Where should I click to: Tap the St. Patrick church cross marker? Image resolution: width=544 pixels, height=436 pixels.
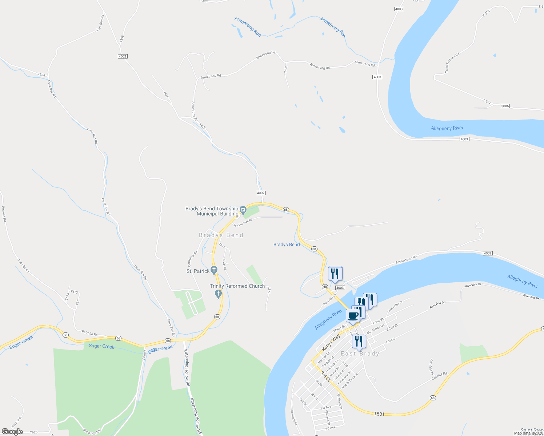tap(214, 270)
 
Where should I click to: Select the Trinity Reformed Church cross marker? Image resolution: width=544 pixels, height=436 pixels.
tap(219, 294)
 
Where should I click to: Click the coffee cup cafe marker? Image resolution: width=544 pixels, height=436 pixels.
tap(353, 315)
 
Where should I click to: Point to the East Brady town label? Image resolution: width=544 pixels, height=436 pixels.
tap(360, 354)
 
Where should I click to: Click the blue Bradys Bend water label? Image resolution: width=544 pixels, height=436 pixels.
tap(287, 245)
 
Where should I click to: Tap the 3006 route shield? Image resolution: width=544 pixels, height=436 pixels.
tap(505, 106)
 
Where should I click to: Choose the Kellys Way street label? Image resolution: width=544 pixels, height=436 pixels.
tap(331, 343)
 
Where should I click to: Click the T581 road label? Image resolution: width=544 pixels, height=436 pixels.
tap(379, 414)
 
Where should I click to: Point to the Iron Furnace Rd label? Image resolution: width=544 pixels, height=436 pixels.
tap(243, 223)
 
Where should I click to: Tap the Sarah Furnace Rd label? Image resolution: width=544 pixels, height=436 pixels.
tap(452, 63)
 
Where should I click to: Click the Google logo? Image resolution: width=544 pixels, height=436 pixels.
tap(12, 432)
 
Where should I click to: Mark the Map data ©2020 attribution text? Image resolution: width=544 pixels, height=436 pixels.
tap(528, 433)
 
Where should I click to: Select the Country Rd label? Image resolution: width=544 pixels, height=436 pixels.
tap(439, 376)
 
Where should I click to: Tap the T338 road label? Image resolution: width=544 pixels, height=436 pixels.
tap(41, 75)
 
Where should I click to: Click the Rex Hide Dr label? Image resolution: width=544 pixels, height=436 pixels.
tap(294, 418)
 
